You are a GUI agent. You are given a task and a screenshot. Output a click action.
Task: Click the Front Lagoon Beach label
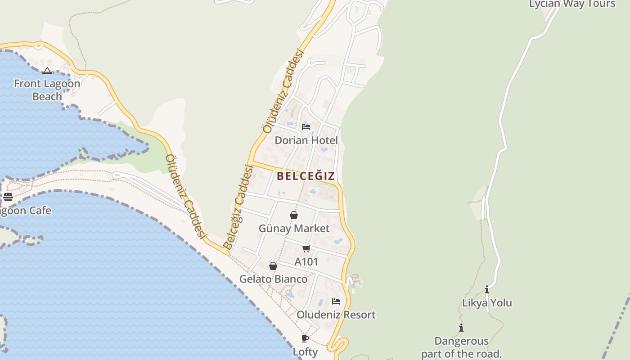(47, 90)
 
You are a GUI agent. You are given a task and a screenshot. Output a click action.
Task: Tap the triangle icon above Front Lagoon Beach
(47, 71)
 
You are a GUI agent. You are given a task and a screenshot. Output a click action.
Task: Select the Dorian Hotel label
(306, 140)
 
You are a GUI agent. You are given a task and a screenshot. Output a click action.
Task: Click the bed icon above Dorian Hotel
(306, 126)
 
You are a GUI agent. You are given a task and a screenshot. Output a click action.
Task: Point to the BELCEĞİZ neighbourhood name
(306, 176)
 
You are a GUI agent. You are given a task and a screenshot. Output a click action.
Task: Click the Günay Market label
(294, 228)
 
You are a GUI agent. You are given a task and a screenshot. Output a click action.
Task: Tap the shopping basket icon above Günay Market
(294, 215)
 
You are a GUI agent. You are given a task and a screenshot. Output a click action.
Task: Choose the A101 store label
(306, 261)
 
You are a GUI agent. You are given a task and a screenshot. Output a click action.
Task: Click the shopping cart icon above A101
(306, 248)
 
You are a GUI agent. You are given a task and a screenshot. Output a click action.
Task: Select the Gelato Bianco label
(273, 279)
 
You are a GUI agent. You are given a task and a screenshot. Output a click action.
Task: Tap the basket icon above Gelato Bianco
(273, 266)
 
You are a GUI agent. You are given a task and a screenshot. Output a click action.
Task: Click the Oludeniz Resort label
(336, 315)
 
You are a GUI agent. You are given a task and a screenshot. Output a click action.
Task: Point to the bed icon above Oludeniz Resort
(336, 301)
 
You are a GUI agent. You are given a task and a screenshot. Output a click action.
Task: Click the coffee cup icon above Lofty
(305, 338)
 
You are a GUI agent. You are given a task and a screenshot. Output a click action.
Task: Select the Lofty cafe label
(305, 351)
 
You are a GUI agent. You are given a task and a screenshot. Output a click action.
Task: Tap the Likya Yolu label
(487, 303)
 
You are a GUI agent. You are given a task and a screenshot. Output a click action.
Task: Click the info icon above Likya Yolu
(486, 289)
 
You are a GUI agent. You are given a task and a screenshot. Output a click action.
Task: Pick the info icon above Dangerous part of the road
(461, 328)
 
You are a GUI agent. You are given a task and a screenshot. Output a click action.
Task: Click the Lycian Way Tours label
(572, 4)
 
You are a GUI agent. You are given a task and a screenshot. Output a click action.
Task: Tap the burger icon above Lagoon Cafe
(8, 197)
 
